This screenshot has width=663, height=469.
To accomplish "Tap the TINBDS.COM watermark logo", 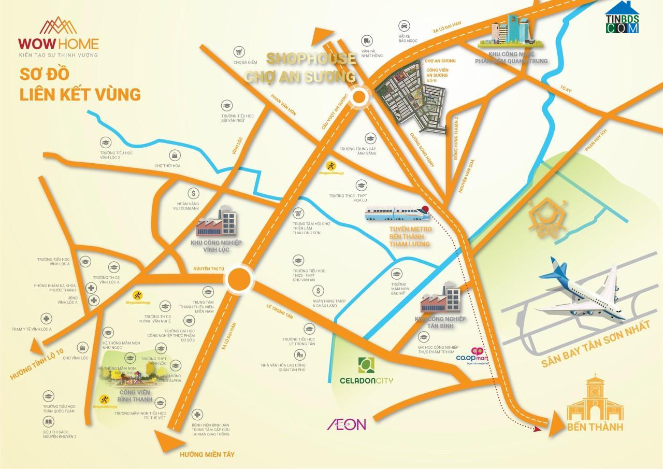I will point(622,19).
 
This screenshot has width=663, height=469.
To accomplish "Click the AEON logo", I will point(346,424).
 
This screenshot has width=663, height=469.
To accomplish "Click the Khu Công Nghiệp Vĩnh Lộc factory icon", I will point(217,223).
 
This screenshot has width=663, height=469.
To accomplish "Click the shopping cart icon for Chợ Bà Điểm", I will point(239,52).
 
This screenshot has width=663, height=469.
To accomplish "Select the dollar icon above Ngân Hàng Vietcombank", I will point(194,194).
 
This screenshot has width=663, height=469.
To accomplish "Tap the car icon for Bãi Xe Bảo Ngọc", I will point(402,24).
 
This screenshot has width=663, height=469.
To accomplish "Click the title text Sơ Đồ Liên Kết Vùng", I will point(80,83).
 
